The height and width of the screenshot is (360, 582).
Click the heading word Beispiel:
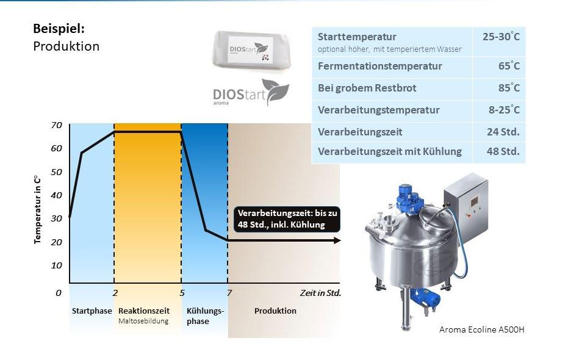(x=59, y=29)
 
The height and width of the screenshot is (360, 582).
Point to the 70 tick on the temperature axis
(x=57, y=125)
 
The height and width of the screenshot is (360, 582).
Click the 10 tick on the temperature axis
(x=57, y=265)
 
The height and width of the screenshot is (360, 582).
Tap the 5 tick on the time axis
(x=182, y=293)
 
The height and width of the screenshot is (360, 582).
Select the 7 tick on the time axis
(x=229, y=293)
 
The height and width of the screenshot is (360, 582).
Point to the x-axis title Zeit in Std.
(x=320, y=293)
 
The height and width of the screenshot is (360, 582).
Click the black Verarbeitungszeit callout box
(x=287, y=219)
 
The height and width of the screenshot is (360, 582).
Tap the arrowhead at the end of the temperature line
(x=337, y=240)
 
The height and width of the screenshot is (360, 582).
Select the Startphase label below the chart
(x=92, y=311)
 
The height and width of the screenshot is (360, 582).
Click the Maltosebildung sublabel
(x=143, y=321)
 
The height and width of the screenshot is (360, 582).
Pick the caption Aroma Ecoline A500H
(x=481, y=329)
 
